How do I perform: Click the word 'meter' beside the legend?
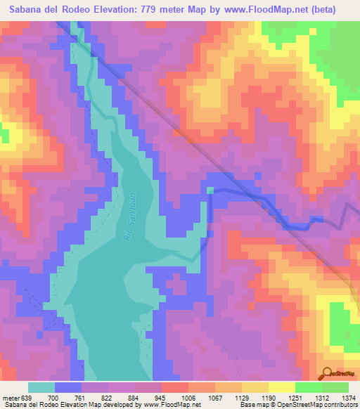[11, 397]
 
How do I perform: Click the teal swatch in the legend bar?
[41, 387]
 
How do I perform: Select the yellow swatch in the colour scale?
[281, 387]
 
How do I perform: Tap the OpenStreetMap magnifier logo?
[326, 374]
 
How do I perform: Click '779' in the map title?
[162, 10]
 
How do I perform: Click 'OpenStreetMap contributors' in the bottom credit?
[324, 405]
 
